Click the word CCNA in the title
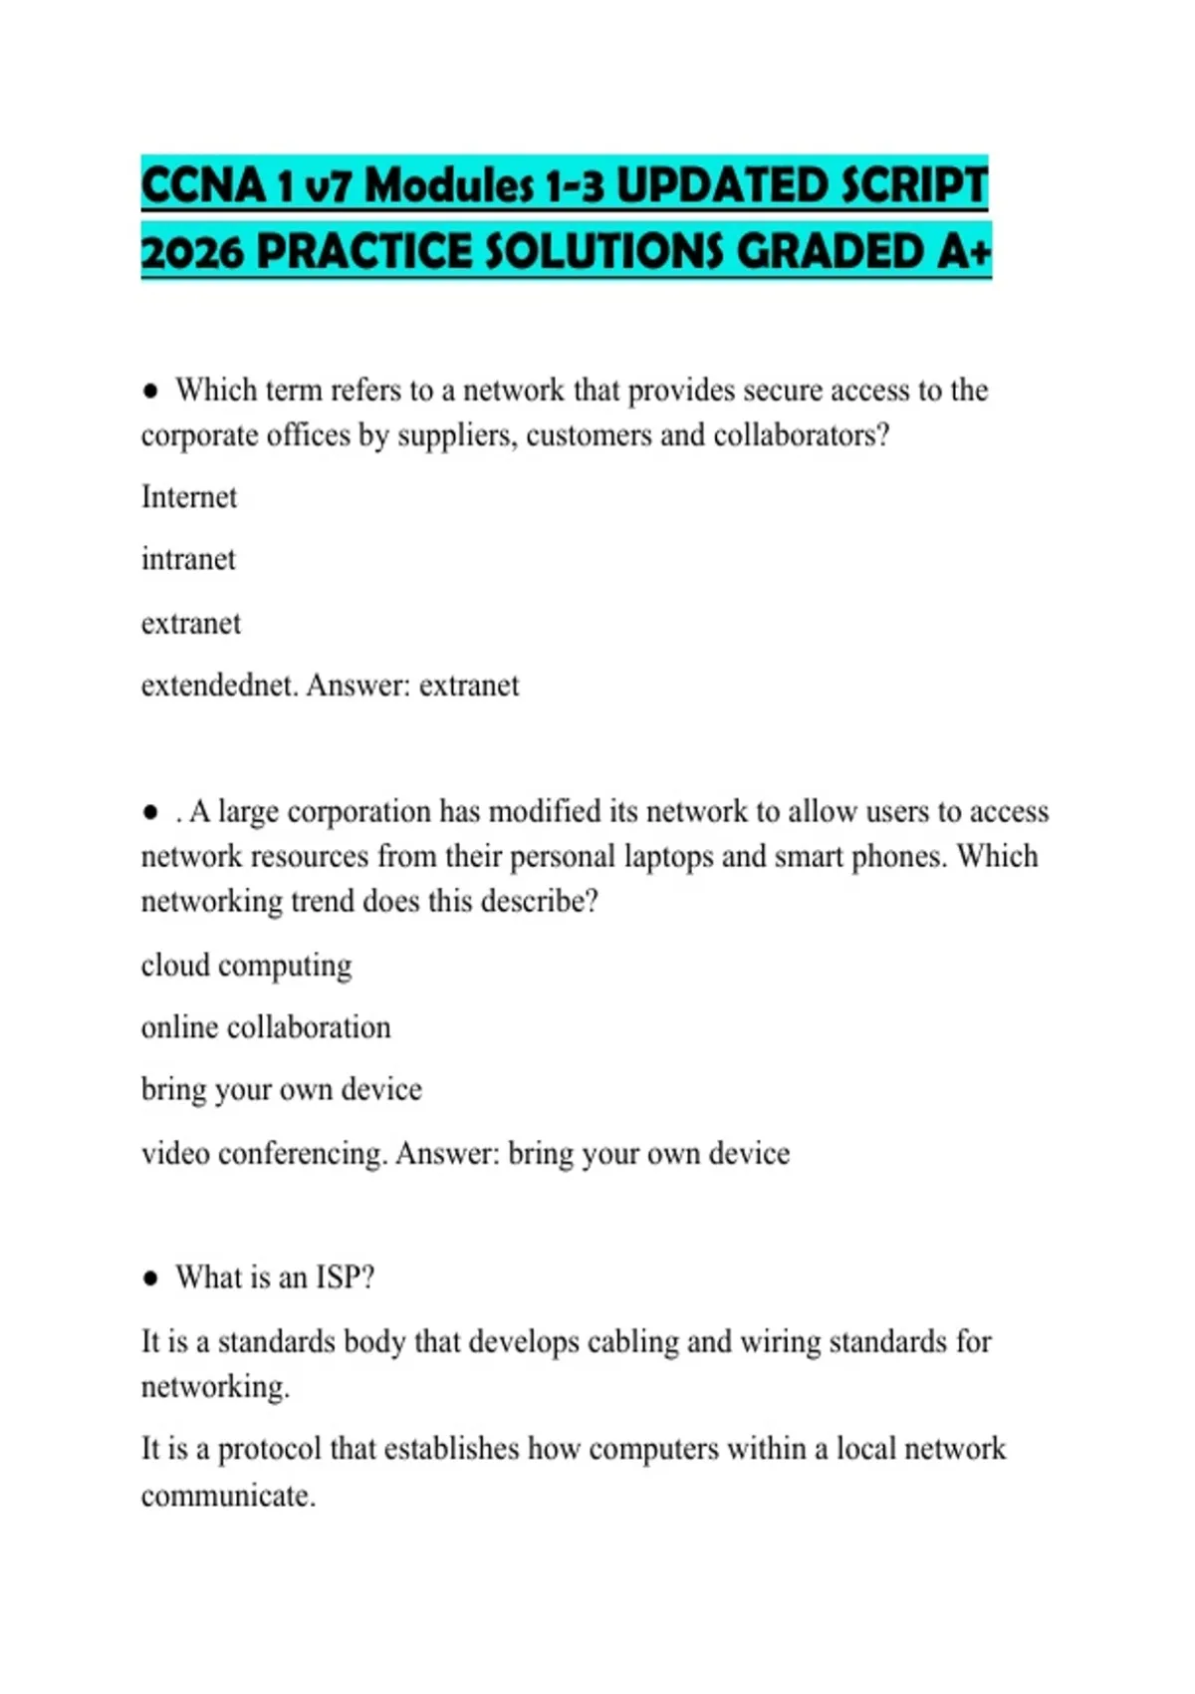pyautogui.click(x=203, y=186)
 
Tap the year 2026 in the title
pyautogui.click(x=192, y=252)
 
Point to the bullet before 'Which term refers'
pyautogui.click(x=150, y=392)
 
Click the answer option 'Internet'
pyautogui.click(x=189, y=497)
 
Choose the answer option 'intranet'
pyautogui.click(x=188, y=560)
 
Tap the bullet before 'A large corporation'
pyautogui.click(x=150, y=813)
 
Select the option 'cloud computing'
pyautogui.click(x=246, y=966)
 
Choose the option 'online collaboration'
pyautogui.click(x=266, y=1027)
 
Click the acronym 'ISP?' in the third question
pyautogui.click(x=345, y=1277)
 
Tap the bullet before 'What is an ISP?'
pyautogui.click(x=150, y=1278)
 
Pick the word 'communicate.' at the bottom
pyautogui.click(x=228, y=1496)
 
